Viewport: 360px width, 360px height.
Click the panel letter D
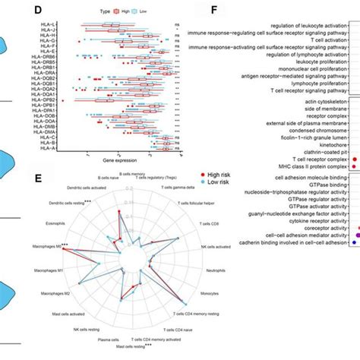(x=58, y=12)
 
